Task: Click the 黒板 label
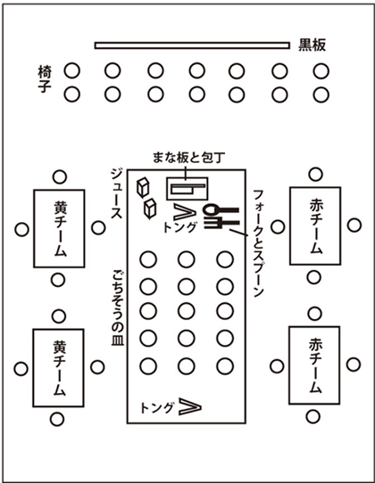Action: (312, 45)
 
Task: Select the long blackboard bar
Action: (192, 45)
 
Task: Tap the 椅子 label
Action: (45, 78)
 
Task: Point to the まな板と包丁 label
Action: (188, 158)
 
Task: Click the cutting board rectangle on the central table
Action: (187, 189)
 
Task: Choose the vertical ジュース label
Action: (117, 193)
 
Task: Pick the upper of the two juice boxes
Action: (143, 187)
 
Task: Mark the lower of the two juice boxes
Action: (150, 209)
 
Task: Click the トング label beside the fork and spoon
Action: (179, 227)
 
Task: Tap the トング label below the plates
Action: (157, 408)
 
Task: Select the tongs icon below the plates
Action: (190, 406)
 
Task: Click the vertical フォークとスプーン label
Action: (259, 243)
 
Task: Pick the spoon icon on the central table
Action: (221, 210)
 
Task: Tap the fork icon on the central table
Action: (221, 223)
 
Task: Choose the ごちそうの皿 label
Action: (118, 308)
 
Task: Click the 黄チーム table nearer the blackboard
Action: (59, 228)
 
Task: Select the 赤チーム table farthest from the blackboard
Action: (314, 365)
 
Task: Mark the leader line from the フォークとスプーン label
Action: (238, 233)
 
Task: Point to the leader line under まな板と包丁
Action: (186, 173)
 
